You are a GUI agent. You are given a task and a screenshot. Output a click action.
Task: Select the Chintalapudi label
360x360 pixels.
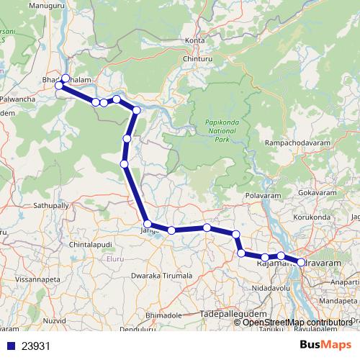(x=91, y=246)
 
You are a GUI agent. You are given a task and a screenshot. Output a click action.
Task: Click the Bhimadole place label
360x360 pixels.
(x=166, y=315)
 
